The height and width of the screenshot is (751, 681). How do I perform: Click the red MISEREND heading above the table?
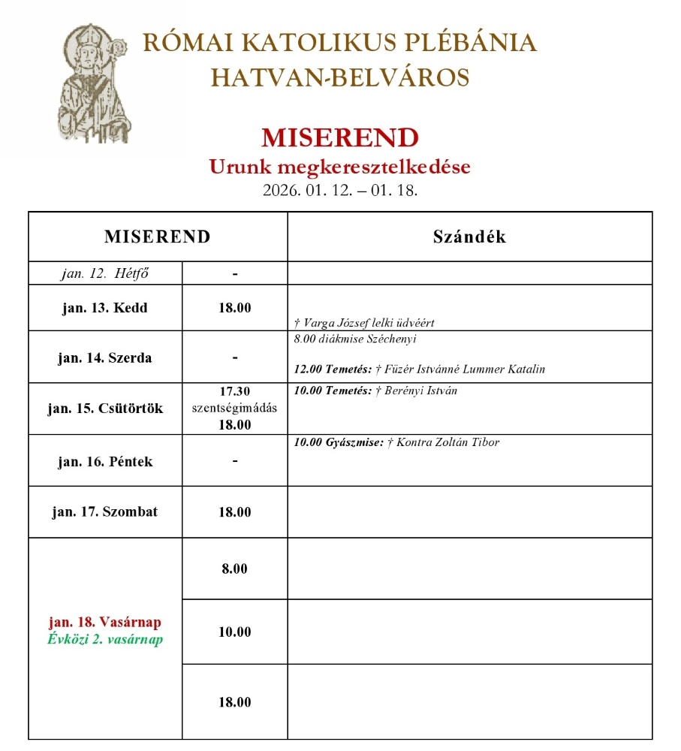coord(339,138)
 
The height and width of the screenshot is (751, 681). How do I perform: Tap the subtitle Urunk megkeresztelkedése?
coord(339,167)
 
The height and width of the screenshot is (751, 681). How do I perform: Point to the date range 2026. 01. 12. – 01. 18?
coord(339,190)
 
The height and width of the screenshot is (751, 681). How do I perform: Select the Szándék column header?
coord(469,237)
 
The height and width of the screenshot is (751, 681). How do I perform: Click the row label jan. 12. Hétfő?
coord(105,273)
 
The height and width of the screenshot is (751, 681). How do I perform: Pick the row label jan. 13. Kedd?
coord(105,308)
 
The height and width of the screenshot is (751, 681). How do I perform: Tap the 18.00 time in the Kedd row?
coord(234,308)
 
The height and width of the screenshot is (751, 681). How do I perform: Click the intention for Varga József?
coord(365,323)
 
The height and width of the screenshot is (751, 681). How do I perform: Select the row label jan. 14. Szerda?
coord(105,357)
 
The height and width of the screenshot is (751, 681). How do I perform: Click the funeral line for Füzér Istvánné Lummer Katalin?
coord(420,369)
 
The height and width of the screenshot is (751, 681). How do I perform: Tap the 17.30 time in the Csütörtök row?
coord(234,391)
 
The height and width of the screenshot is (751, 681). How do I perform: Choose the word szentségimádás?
coord(234,408)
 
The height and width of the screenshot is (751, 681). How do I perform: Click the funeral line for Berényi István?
coord(376,391)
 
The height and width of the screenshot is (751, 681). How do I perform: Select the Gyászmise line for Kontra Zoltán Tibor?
coord(397,442)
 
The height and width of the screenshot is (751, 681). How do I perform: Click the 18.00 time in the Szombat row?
coord(234,512)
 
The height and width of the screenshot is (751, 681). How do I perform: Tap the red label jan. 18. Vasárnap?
coord(105,623)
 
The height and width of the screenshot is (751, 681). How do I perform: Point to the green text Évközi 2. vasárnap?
coord(105,640)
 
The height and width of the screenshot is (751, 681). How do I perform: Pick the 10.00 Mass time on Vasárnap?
coord(234,632)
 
